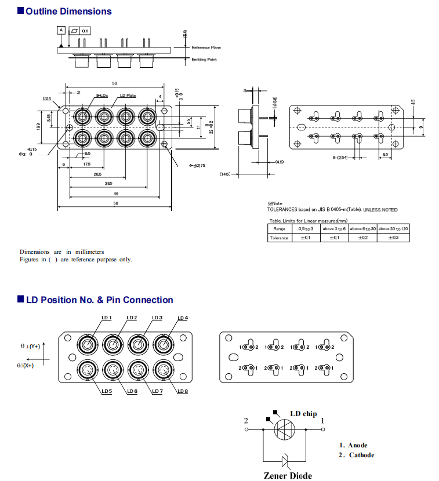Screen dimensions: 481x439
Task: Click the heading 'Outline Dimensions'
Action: (68, 11)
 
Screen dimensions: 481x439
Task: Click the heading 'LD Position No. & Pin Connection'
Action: (99, 300)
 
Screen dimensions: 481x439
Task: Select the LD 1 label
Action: (106, 318)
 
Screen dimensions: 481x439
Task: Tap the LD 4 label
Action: (183, 318)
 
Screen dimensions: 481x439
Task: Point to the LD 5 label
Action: (106, 392)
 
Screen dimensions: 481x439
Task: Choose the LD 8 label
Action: (183, 392)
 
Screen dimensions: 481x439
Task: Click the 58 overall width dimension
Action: (115, 203)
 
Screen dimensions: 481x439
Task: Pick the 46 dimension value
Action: (116, 193)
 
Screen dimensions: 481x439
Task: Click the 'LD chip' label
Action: (303, 414)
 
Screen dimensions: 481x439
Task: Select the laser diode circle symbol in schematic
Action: (284, 431)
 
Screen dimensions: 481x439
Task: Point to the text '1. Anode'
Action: (354, 445)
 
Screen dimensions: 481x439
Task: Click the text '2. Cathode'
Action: (357, 455)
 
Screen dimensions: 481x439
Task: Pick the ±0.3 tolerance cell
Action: (393, 238)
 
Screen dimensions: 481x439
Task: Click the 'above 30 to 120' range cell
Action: (393, 229)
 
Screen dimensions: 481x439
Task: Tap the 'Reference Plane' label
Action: (206, 48)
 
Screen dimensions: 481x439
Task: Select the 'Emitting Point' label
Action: (204, 60)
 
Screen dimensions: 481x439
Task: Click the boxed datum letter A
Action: (61, 30)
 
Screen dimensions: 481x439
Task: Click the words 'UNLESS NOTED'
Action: (380, 210)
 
